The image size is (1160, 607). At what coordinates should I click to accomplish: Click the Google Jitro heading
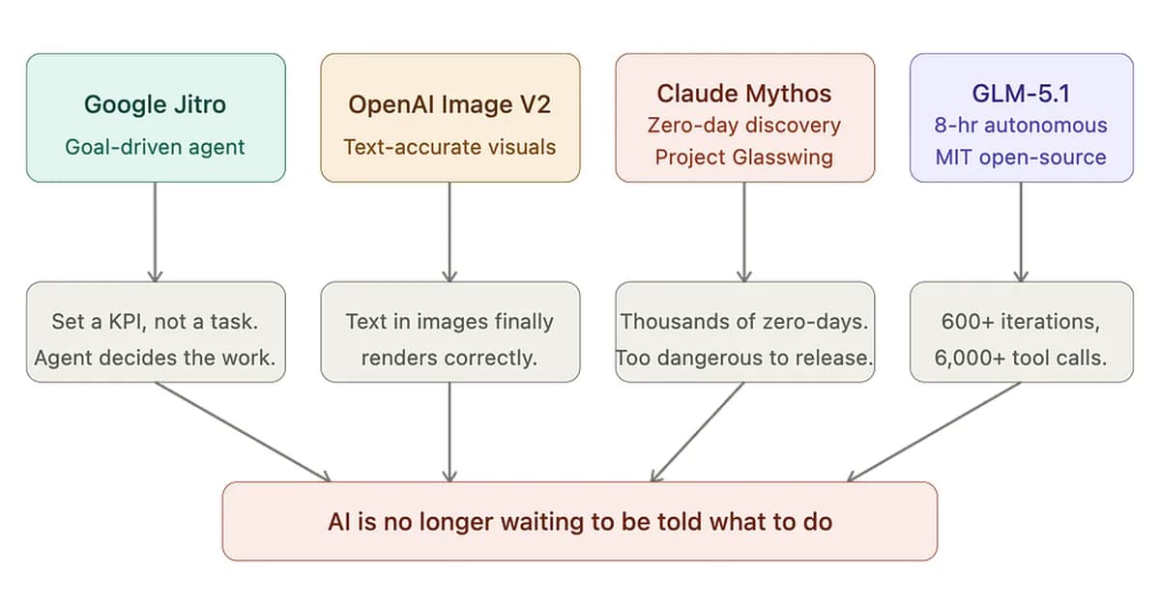tap(156, 104)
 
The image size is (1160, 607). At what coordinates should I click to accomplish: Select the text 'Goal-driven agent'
tap(156, 147)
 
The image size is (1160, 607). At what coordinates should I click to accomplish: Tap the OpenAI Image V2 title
tap(449, 104)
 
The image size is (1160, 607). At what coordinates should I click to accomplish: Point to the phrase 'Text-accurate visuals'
tap(449, 147)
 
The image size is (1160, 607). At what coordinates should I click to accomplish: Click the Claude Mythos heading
tap(744, 94)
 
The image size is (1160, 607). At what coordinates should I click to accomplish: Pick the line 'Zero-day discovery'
tap(744, 126)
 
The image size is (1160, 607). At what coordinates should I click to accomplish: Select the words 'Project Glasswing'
tap(744, 157)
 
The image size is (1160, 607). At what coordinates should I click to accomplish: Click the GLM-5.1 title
tap(1021, 94)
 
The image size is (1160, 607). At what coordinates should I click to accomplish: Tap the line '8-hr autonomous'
tap(1021, 126)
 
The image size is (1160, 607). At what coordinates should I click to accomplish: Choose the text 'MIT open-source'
tap(1021, 157)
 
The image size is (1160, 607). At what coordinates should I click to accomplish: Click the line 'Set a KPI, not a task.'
tap(156, 321)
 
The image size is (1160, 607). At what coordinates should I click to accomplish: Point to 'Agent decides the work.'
tap(156, 358)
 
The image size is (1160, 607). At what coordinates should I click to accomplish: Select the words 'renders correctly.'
tap(449, 358)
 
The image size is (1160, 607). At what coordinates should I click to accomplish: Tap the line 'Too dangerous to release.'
tap(744, 358)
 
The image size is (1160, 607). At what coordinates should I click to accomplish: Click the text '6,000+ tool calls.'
tap(1021, 358)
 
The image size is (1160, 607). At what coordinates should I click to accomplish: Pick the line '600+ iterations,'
tap(1021, 321)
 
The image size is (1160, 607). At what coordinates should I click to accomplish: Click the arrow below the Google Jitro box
tap(156, 232)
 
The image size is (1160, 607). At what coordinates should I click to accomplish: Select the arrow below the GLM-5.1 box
tap(1021, 232)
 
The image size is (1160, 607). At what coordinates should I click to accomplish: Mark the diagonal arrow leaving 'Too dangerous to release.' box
tap(698, 431)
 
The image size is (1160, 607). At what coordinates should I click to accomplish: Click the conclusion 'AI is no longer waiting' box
tap(580, 522)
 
